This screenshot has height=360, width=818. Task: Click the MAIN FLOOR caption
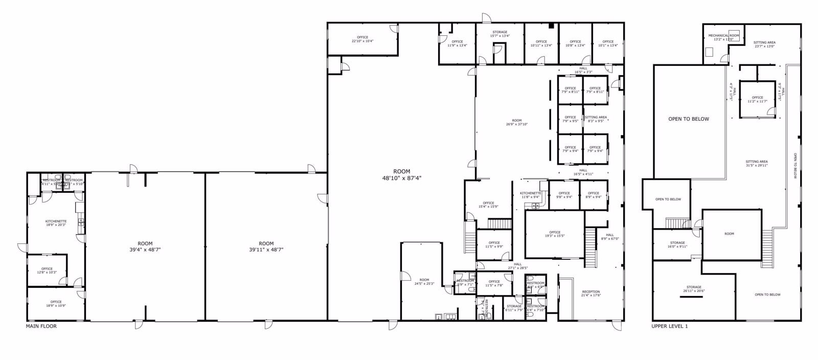(41, 326)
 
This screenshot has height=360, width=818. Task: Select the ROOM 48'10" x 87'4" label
(401, 175)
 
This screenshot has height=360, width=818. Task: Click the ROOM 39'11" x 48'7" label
(266, 246)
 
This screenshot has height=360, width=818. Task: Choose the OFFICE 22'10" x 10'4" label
(362, 39)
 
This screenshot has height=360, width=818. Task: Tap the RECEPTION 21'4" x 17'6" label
(590, 294)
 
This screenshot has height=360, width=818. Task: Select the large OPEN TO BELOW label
(689, 119)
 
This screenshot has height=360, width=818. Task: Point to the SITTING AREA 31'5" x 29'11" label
(757, 163)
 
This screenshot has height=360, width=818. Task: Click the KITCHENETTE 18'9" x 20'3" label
(56, 223)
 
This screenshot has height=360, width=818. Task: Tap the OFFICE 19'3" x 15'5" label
(555, 234)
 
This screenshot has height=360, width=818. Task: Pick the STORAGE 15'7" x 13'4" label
(499, 34)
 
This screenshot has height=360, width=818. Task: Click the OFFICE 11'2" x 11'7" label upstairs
(757, 99)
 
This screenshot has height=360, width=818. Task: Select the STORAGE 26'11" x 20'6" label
(694, 289)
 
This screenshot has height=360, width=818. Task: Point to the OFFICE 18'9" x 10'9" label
(56, 304)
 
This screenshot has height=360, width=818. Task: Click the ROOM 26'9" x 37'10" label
(517, 122)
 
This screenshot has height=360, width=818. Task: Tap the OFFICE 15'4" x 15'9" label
(488, 205)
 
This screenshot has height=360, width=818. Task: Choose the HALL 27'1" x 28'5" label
(517, 266)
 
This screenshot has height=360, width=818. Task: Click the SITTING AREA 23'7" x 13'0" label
(764, 44)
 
